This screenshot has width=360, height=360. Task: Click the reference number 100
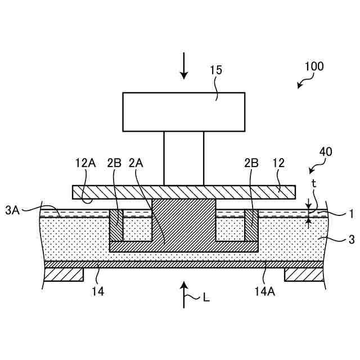pos(314,66)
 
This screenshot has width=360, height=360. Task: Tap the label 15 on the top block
pos(216,70)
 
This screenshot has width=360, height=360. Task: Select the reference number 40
pos(325,152)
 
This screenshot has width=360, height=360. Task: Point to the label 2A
pos(136,164)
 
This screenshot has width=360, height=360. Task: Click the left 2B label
pos(114,164)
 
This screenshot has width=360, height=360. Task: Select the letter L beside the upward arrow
pos(206,298)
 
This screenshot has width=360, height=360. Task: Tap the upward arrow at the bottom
pos(184,295)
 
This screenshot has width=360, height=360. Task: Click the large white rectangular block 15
pos(183,112)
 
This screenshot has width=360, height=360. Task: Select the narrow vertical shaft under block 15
pos(183,159)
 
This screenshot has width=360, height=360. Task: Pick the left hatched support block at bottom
pos(64,274)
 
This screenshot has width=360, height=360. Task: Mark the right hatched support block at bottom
pos(304,274)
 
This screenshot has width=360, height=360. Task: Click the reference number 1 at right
pos(350,214)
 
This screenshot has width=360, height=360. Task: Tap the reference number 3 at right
pos(350,240)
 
